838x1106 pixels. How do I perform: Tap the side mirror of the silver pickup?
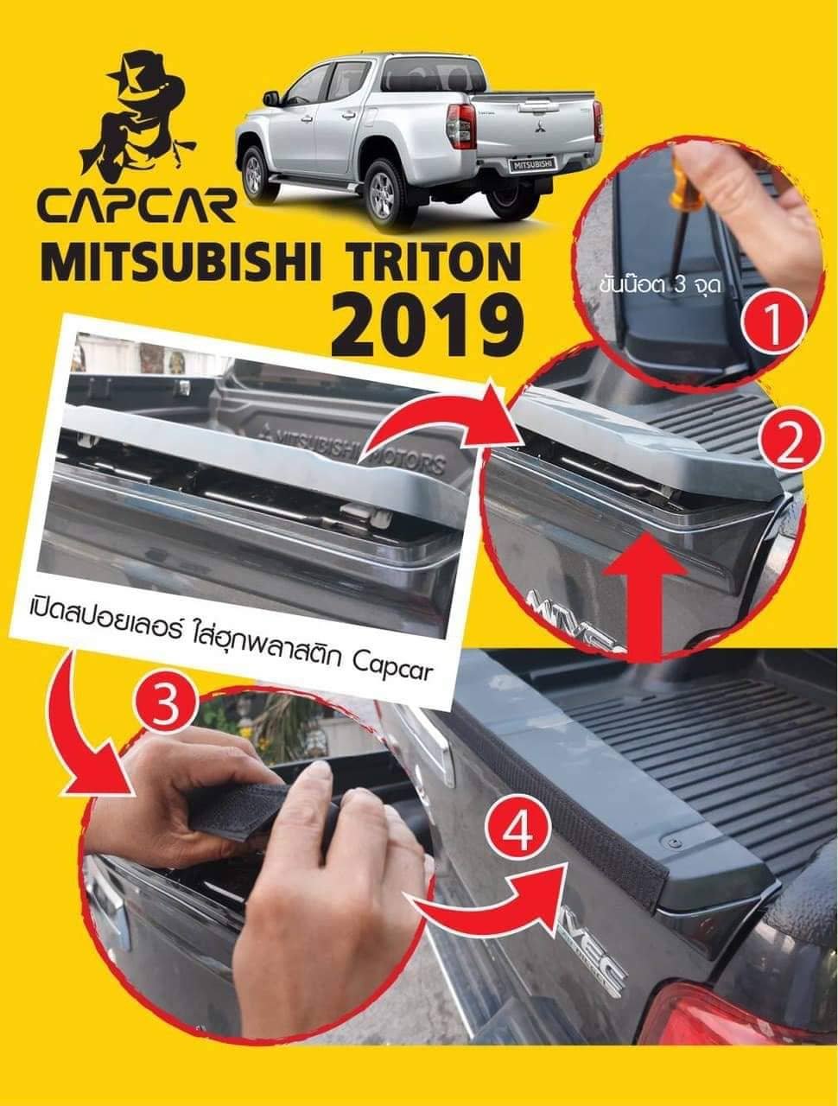coord(272,98)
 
